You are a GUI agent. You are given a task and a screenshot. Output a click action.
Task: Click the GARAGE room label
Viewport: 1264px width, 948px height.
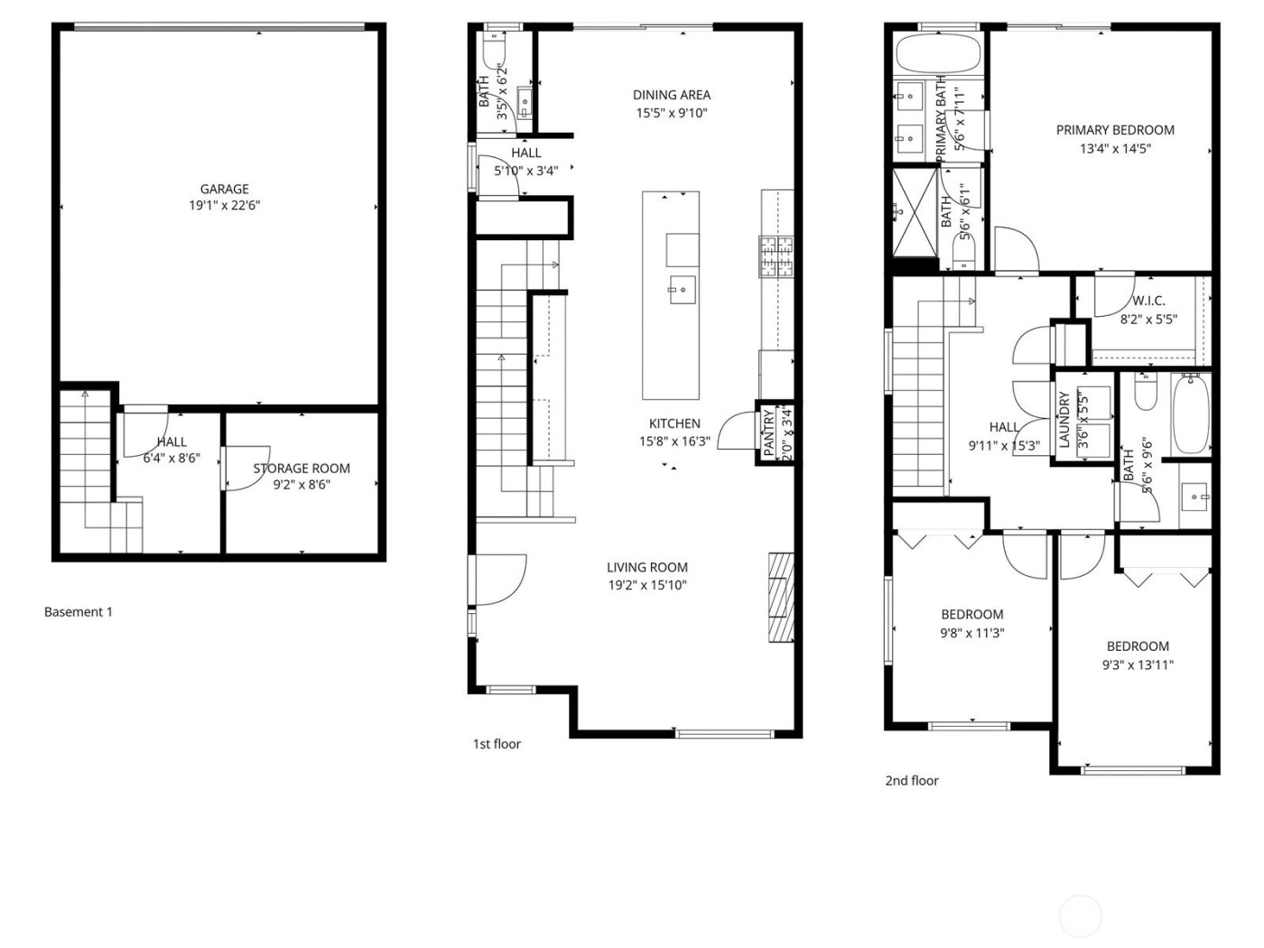224,189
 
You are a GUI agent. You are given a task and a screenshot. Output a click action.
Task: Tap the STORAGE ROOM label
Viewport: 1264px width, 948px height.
301,468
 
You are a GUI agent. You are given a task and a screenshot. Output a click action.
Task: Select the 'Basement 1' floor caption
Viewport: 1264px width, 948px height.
79,612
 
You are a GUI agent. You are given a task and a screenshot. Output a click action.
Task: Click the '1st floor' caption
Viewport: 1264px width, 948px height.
497,744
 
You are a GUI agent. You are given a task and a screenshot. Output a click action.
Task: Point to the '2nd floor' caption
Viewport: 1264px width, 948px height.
911,780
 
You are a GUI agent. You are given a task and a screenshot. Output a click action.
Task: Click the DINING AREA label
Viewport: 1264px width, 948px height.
671,95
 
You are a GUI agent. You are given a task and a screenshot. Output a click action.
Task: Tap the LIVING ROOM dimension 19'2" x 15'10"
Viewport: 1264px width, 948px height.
646,585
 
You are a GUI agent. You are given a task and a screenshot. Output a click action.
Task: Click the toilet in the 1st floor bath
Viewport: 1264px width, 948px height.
496,51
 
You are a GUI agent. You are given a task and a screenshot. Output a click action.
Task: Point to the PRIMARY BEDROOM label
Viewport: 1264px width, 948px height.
1115,130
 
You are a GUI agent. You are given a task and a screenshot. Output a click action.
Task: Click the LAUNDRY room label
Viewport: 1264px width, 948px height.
1064,420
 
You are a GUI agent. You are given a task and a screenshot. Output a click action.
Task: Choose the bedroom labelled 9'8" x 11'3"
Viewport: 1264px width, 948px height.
971,624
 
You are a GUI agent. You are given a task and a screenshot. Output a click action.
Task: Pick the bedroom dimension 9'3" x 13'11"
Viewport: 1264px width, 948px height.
1138,665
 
